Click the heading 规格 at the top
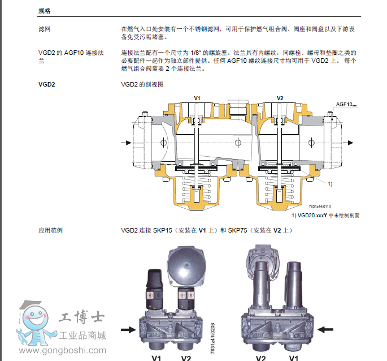45,11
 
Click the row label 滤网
45,29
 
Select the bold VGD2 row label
47,84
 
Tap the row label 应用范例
50,230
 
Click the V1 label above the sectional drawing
197,98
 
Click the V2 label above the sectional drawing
280,98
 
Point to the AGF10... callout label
346,104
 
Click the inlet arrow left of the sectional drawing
126,143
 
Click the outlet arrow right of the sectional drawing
348,143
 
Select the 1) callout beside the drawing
330,184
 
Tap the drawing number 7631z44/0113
320,207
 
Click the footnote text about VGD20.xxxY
325,216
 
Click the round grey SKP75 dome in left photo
186,268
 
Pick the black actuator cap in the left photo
155,278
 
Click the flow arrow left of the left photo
128,330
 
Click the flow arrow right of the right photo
325,329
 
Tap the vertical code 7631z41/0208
213,338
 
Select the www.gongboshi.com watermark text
63,350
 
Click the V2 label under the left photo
186,358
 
